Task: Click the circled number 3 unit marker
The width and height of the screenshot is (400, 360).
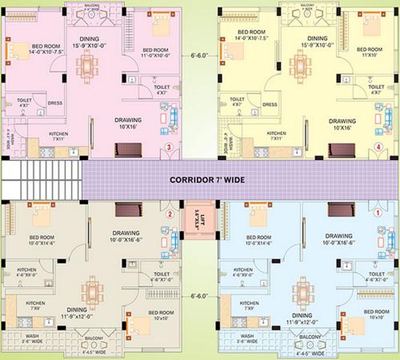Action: pos(169,147)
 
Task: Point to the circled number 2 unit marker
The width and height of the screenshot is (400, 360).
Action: pos(169,214)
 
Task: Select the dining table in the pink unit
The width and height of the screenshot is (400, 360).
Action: pos(94,59)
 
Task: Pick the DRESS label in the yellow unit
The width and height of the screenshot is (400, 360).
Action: pos(270,104)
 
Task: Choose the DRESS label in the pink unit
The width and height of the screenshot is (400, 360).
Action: pos(55,102)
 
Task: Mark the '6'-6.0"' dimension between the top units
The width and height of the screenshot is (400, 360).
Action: pos(200,55)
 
